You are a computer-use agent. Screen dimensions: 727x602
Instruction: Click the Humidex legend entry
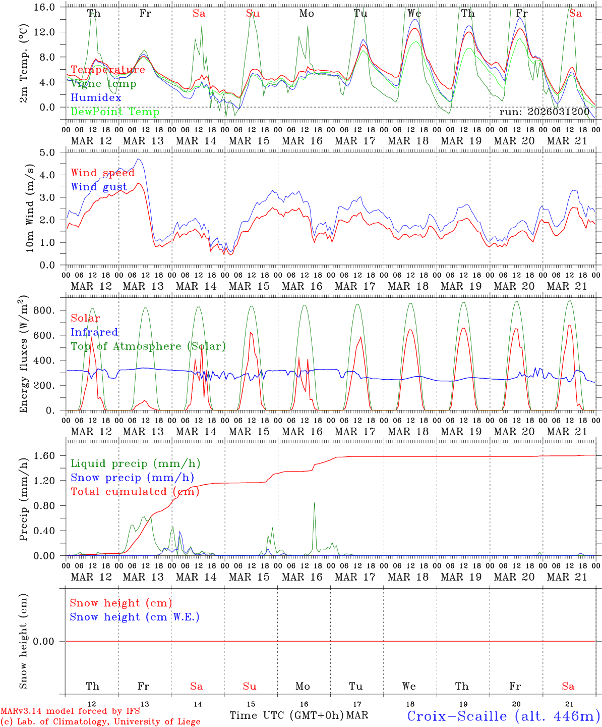[x=96, y=98]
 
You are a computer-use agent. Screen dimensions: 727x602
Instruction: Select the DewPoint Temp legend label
[x=115, y=112]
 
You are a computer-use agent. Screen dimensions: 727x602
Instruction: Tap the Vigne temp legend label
[x=103, y=84]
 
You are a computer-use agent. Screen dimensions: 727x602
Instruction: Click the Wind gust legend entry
[x=99, y=187]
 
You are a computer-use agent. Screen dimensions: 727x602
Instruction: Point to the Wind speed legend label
[x=103, y=173]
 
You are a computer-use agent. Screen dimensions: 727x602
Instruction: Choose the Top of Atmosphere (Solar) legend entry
[x=148, y=346]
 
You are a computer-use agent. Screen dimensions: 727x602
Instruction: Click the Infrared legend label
[x=94, y=332]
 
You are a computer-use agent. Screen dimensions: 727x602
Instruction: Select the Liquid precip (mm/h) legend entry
[x=135, y=463]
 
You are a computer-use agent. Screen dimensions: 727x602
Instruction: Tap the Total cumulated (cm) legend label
[x=135, y=492]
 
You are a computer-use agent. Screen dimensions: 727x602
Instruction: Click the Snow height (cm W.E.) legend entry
[x=135, y=617]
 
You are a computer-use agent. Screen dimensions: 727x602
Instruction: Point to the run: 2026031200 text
[x=544, y=112]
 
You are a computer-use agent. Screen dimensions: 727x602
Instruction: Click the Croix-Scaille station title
[x=503, y=716]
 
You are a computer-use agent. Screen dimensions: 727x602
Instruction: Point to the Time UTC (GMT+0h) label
[x=287, y=715]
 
